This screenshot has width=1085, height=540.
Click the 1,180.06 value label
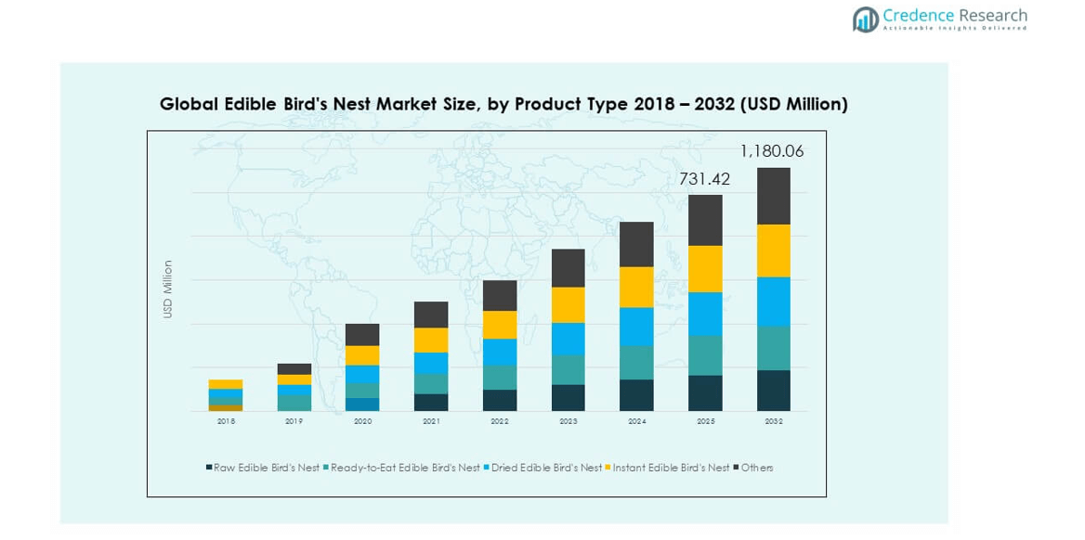click(771, 151)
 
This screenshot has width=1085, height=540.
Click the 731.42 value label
click(704, 179)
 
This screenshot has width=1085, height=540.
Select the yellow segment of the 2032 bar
click(773, 251)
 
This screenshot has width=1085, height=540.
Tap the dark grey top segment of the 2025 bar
click(705, 220)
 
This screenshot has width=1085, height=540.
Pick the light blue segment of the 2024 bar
click(636, 327)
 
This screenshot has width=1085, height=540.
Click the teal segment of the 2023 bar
click(568, 369)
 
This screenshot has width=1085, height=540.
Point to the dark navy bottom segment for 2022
click(500, 400)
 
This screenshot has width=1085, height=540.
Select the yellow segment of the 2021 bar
click(431, 340)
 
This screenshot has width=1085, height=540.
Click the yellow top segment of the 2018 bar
click(226, 384)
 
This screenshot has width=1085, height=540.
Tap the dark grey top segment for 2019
click(294, 368)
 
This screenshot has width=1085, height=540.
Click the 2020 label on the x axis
click(362, 421)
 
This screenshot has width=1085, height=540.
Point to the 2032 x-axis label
click(773, 421)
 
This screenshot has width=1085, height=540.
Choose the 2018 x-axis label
click(226, 421)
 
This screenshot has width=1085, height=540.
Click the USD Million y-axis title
click(168, 289)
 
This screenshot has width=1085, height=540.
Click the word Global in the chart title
click(190, 104)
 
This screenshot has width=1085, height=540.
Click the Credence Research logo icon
click(865, 19)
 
